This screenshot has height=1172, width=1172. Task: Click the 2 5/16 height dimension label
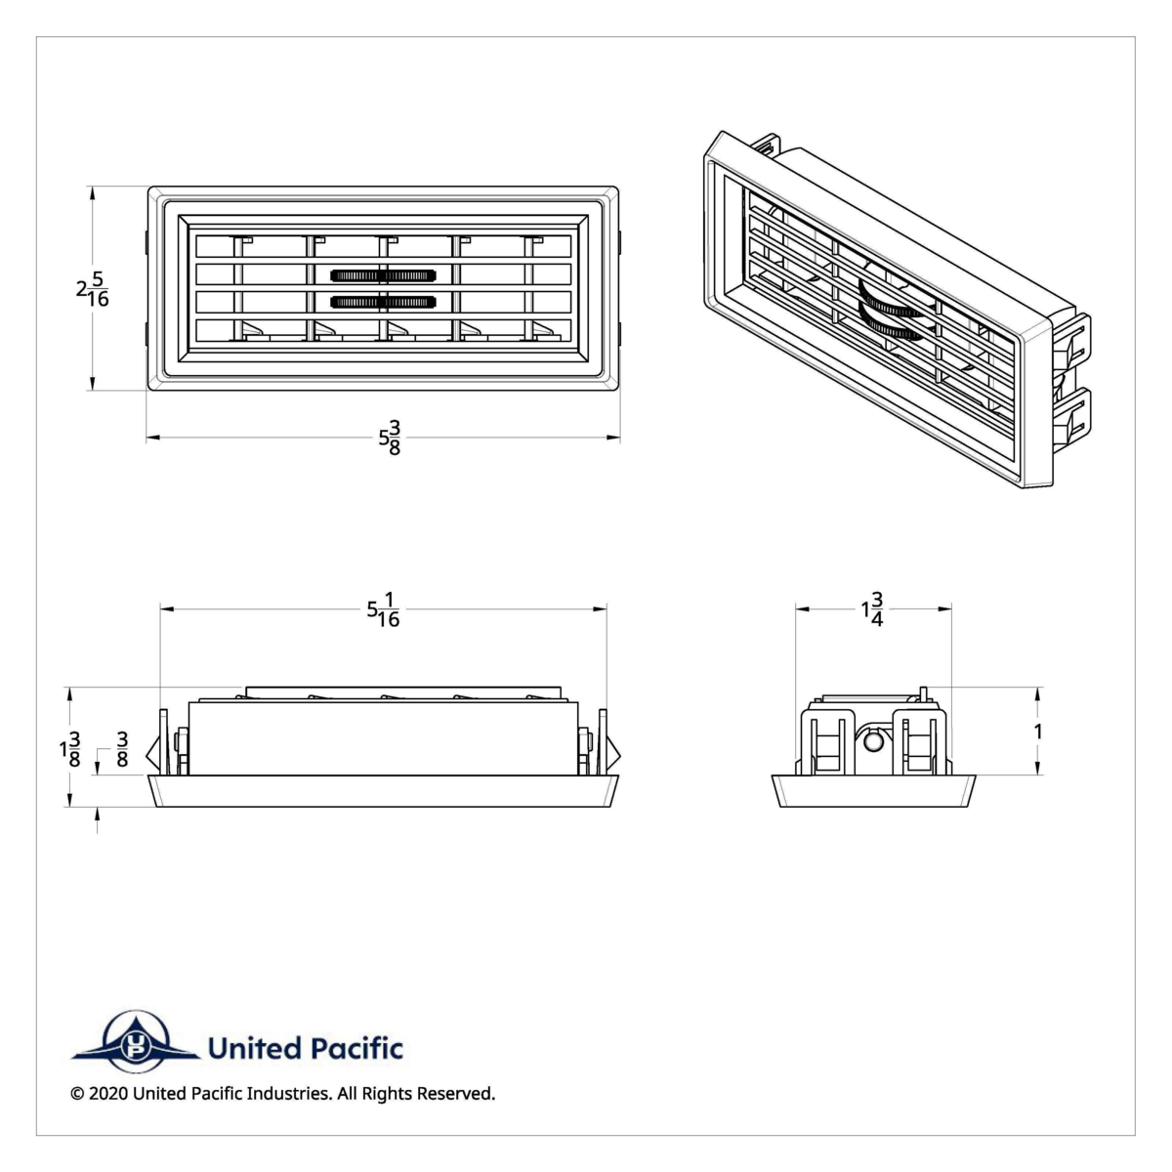tap(93, 289)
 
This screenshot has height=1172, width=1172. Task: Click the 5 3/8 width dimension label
tap(390, 438)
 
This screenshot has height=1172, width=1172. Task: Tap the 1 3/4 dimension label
tap(872, 609)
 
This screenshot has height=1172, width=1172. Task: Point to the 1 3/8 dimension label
tap(69, 749)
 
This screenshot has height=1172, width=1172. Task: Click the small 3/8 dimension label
tap(122, 749)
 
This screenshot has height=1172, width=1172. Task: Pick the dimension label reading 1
tap(1038, 732)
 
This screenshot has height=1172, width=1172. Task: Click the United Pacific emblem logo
tap(135, 1043)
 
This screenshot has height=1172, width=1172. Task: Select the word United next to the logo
tap(254, 1049)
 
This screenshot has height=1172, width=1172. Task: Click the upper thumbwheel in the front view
tap(383, 275)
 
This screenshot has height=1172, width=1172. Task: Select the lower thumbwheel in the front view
tap(383, 301)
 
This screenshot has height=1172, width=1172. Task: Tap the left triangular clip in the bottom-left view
tap(153, 753)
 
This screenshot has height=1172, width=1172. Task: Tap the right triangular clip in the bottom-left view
tap(612, 753)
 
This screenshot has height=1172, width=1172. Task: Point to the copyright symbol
tap(77, 1094)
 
